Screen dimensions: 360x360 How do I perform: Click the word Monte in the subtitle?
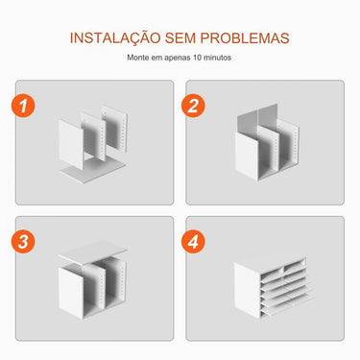140,58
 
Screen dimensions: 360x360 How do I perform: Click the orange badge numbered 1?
29,106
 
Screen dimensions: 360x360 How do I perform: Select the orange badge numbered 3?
29,240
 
